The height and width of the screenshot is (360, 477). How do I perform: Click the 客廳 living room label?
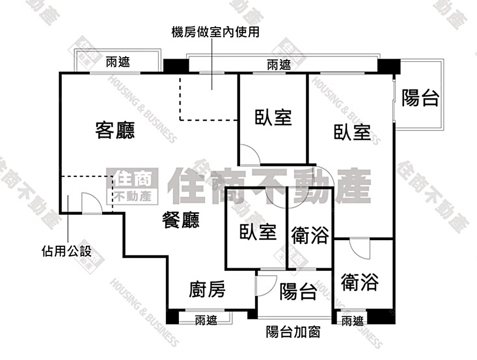(x=115, y=130)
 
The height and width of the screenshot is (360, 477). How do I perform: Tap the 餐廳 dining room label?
(x=181, y=220)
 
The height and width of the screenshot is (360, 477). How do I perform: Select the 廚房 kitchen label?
(x=207, y=289)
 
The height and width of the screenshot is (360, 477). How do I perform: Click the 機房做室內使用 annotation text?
(x=216, y=32)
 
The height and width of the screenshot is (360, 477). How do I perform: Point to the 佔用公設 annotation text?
(x=67, y=251)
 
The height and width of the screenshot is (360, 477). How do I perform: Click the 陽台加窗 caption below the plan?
(x=293, y=332)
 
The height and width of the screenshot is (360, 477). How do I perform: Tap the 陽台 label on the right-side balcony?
(x=420, y=98)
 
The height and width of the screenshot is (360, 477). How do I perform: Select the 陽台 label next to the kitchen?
(x=298, y=291)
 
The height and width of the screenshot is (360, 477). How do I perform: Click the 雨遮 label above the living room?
(x=118, y=62)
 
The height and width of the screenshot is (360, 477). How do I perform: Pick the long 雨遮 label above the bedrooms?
(x=279, y=65)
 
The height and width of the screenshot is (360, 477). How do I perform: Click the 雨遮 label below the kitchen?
(x=206, y=320)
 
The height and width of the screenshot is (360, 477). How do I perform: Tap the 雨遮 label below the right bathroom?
(x=353, y=321)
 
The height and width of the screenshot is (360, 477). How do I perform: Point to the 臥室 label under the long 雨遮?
(x=273, y=117)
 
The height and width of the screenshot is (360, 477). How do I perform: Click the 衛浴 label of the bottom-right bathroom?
(x=360, y=282)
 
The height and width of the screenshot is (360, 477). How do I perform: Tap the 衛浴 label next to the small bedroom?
(x=310, y=235)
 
